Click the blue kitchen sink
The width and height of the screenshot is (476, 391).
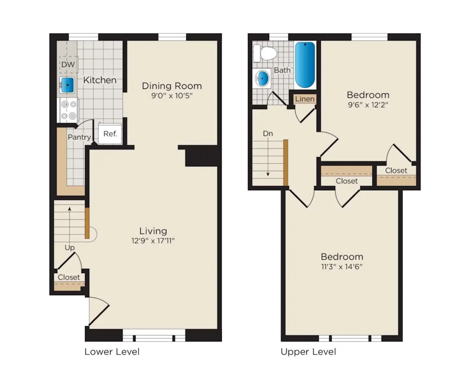[x=67, y=85]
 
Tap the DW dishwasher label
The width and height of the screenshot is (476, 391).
[x=68, y=65]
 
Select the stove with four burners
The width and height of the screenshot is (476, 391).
[x=68, y=110]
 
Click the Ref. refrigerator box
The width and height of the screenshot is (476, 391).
[x=110, y=134]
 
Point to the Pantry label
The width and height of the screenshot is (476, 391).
[x=79, y=137]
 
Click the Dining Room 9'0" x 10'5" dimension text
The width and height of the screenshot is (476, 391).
[x=172, y=96]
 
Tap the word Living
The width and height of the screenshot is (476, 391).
[x=153, y=231]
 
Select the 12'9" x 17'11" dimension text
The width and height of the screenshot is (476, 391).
[x=153, y=241]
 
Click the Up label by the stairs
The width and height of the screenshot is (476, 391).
[x=70, y=248]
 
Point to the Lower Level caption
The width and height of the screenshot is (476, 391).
[x=112, y=351]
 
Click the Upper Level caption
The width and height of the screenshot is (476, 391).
[x=308, y=351]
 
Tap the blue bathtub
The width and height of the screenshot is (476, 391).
[x=305, y=65]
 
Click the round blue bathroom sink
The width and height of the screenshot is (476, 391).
[x=263, y=79]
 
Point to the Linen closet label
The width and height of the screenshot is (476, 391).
[x=305, y=99]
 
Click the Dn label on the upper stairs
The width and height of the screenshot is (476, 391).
[x=268, y=134]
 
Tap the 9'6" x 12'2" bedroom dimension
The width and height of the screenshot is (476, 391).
[x=368, y=105]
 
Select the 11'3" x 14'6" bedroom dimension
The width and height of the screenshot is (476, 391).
[x=342, y=267]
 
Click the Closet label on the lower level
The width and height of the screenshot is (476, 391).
[x=69, y=277]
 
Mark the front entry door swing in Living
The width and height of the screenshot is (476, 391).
[x=99, y=311]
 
